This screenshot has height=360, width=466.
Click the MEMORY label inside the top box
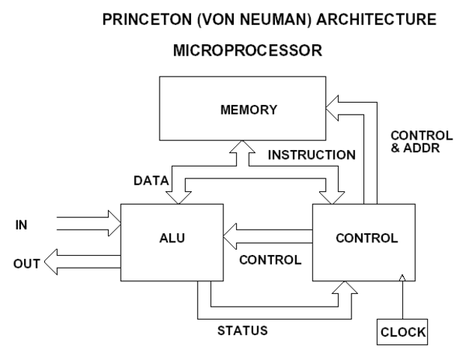point(248,109)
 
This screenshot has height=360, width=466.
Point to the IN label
point(23,223)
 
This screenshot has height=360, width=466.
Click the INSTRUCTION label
point(311,155)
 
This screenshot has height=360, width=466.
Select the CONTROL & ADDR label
point(422,142)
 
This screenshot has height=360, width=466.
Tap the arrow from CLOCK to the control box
point(402,300)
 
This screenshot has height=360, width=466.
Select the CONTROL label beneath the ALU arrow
point(270,260)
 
